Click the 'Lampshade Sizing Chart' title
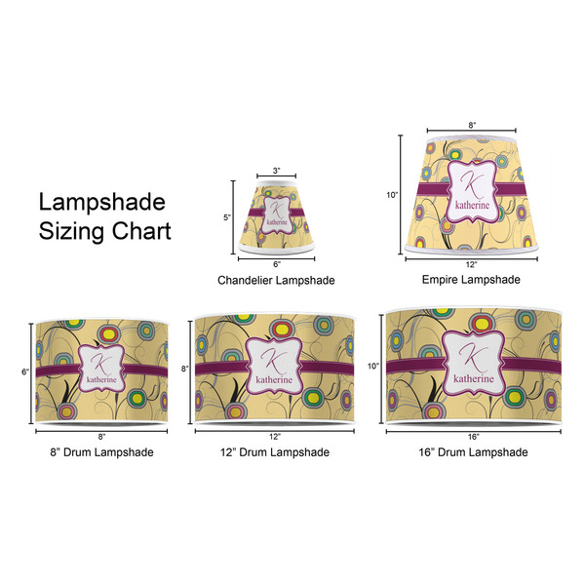[x=103, y=217]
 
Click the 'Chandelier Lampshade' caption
[x=276, y=281]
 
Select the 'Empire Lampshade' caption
[x=471, y=279]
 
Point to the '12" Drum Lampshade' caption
[x=275, y=451]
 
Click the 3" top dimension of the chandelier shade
[x=276, y=172]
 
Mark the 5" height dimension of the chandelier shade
[x=227, y=218]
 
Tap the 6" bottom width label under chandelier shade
[x=276, y=264]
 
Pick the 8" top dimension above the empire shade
[x=472, y=125]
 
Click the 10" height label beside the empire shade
[x=392, y=195]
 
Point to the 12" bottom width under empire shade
[x=472, y=264]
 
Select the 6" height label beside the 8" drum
[x=27, y=371]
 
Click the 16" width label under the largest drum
[x=473, y=436]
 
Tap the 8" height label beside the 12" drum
[x=185, y=370]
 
